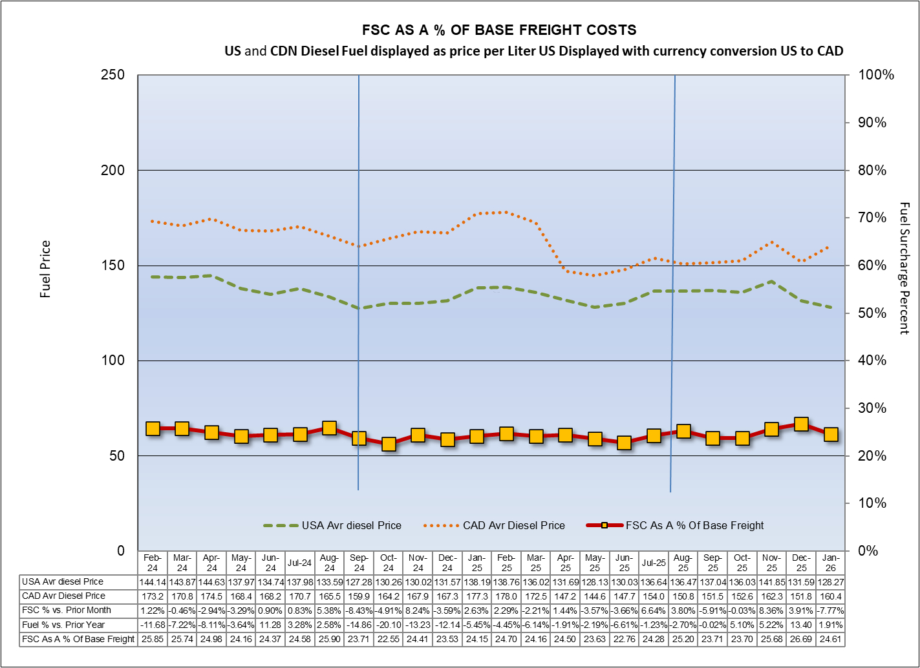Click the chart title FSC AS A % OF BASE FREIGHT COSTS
(498, 30)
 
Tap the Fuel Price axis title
(45, 269)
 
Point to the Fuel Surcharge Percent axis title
(904, 268)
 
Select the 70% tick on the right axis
(872, 218)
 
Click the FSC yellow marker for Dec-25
(801, 424)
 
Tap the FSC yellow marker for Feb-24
(153, 428)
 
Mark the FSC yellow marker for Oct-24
(389, 444)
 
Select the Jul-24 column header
(300, 563)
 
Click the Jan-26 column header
(831, 563)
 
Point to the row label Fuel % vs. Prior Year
(63, 625)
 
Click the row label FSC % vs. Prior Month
(66, 610)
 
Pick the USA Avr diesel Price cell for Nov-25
(771, 581)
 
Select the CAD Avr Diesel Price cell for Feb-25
(506, 596)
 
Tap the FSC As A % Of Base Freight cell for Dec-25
(801, 639)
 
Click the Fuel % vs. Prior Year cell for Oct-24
(389, 625)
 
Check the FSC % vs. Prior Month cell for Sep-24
(359, 610)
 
